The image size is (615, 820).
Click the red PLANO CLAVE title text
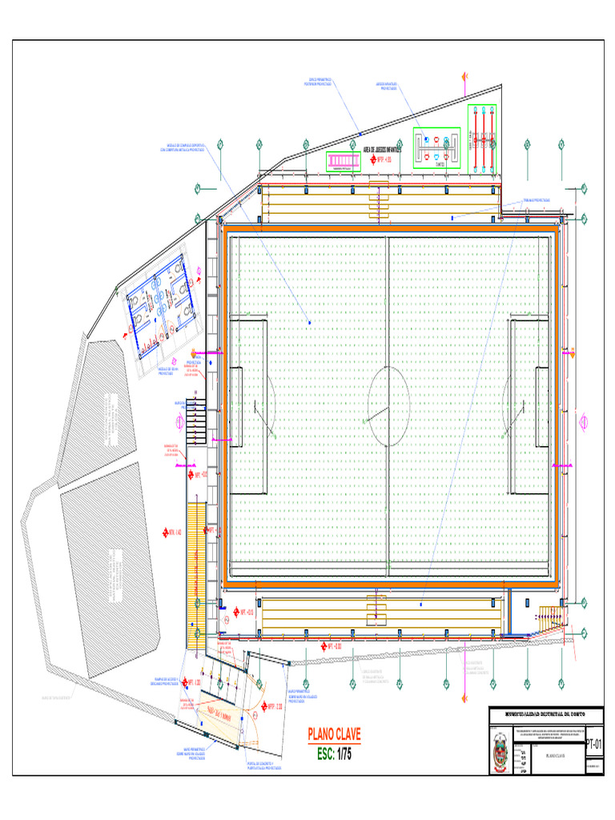[x=335, y=734]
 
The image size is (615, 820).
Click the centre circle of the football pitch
[x=388, y=405]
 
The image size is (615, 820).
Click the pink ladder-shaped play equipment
[x=344, y=162]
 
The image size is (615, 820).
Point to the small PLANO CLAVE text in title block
[x=560, y=755]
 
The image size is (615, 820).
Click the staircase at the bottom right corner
[x=549, y=616]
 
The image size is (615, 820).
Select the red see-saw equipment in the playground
[x=483, y=139]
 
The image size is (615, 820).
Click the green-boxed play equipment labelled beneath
[x=437, y=147]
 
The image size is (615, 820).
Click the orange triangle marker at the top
[x=464, y=78]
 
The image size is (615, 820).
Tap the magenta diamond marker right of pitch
[x=584, y=420]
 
